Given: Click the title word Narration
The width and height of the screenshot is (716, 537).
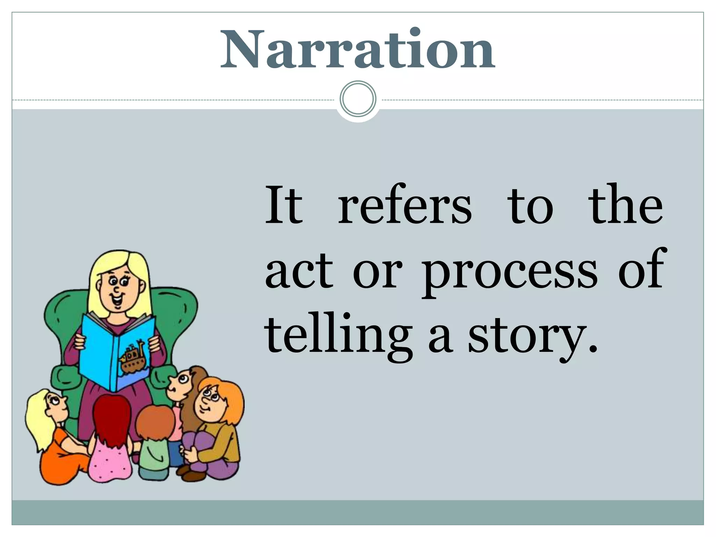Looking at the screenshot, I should (x=357, y=50).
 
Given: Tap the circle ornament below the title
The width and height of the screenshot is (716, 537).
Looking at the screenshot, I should (x=358, y=99).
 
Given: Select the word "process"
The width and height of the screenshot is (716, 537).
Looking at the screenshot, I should (x=509, y=272).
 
